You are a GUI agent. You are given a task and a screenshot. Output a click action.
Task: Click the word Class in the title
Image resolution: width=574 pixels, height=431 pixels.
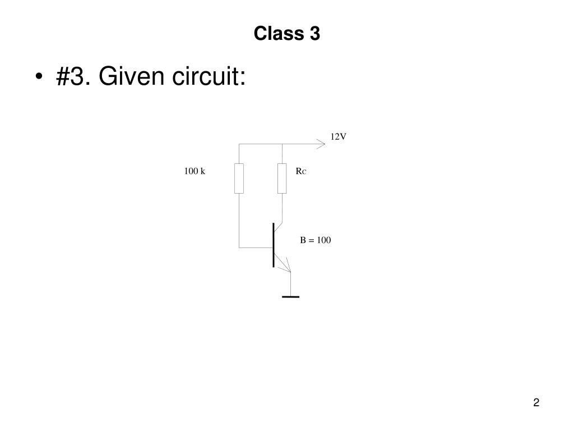click(279, 33)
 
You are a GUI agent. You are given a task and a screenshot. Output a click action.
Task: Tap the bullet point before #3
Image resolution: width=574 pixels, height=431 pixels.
click(39, 76)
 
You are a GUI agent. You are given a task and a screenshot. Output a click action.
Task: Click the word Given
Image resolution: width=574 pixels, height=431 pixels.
click(131, 76)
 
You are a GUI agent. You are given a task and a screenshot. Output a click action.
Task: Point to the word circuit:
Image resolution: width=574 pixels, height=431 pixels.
click(209, 76)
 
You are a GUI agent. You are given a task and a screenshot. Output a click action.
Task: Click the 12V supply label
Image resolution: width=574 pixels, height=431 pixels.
click(338, 137)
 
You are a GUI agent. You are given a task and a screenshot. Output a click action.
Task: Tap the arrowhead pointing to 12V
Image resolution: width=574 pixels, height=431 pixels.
click(321, 144)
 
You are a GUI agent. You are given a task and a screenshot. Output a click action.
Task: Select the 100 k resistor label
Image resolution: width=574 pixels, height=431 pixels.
click(195, 171)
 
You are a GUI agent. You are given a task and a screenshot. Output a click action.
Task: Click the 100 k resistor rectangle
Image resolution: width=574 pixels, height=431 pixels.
click(239, 178)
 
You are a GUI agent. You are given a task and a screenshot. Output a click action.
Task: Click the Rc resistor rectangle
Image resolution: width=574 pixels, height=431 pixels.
click(282, 178)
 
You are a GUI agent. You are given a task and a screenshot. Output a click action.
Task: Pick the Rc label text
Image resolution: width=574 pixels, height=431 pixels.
click(301, 171)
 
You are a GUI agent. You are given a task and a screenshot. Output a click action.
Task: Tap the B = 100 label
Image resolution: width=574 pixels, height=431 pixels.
click(316, 240)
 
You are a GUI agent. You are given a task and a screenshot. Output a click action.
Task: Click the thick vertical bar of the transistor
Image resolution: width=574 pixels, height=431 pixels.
click(273, 245)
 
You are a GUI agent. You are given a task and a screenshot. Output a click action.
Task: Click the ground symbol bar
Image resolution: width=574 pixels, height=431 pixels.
click(291, 297)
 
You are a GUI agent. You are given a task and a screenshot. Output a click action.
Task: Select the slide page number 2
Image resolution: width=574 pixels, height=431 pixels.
click(536, 402)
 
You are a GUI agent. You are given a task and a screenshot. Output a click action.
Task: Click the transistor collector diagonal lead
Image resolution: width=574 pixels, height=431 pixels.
click(278, 227)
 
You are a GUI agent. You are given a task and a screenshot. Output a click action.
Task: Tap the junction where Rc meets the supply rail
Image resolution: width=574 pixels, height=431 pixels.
click(282, 144)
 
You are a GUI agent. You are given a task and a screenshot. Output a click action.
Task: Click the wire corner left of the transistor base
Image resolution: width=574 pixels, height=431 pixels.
click(239, 247)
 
